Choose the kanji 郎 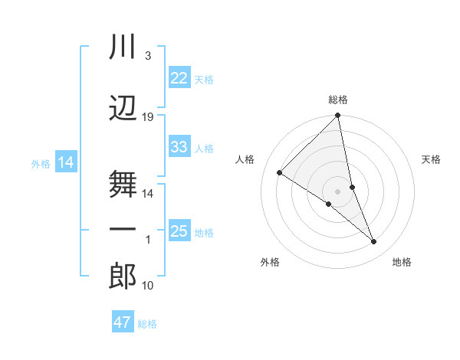[123, 277]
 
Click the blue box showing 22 [179, 78]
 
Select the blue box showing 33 [179, 147]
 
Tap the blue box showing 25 [179, 231]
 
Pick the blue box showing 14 [65, 162]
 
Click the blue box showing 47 [123, 322]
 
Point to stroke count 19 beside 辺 [148, 117]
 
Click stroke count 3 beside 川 [147, 57]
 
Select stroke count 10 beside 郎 [148, 286]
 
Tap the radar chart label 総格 [338, 100]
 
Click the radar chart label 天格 [432, 159]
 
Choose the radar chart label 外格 [270, 262]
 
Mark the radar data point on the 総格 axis [338, 116]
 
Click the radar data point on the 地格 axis [374, 242]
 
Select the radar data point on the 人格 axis [280, 172]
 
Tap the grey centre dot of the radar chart [338, 191]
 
